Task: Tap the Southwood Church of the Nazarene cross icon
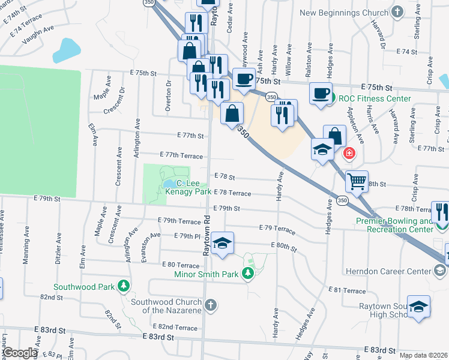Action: point(209,305)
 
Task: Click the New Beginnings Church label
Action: point(345,12)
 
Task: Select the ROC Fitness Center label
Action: point(375,98)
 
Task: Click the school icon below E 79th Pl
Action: point(222,243)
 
